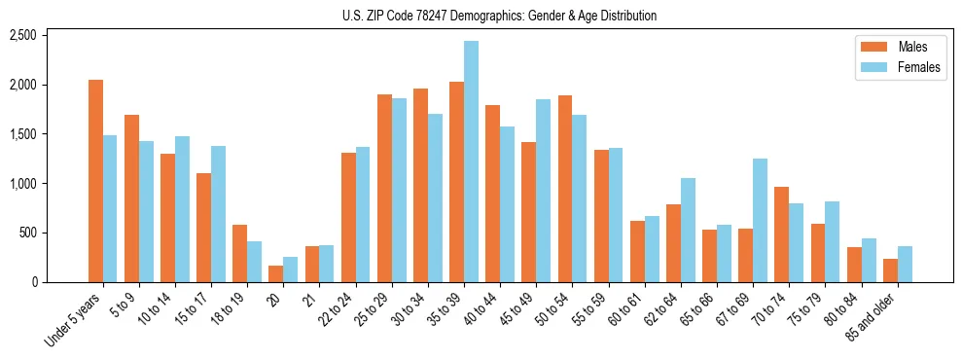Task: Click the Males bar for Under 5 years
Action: point(95,181)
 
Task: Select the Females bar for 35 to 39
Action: point(471,162)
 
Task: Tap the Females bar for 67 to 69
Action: point(760,220)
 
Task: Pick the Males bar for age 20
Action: point(276,273)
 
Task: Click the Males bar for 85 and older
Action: point(890,270)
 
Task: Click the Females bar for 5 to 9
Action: point(146,211)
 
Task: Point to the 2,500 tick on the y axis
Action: point(22,35)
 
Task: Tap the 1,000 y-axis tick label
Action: point(22,183)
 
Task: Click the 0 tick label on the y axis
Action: point(33,282)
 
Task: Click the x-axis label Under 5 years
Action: point(74,322)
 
